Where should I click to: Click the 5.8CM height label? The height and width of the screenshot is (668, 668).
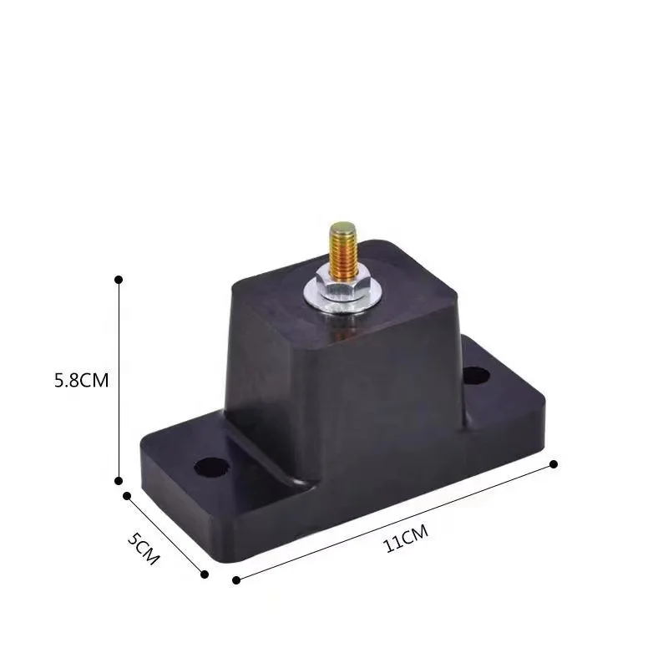click(x=81, y=380)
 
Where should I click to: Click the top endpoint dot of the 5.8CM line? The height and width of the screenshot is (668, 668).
click(x=119, y=278)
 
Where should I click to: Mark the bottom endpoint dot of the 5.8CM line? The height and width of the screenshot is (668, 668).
click(x=119, y=480)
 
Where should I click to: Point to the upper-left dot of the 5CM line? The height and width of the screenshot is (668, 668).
click(x=127, y=495)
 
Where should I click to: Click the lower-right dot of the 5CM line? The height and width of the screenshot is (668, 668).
click(x=204, y=573)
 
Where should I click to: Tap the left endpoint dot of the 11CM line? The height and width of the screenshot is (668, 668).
click(x=236, y=579)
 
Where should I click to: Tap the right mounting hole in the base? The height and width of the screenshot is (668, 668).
click(x=475, y=375)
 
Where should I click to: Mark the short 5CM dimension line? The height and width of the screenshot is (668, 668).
click(x=165, y=534)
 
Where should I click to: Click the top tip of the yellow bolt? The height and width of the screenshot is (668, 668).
click(x=341, y=226)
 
